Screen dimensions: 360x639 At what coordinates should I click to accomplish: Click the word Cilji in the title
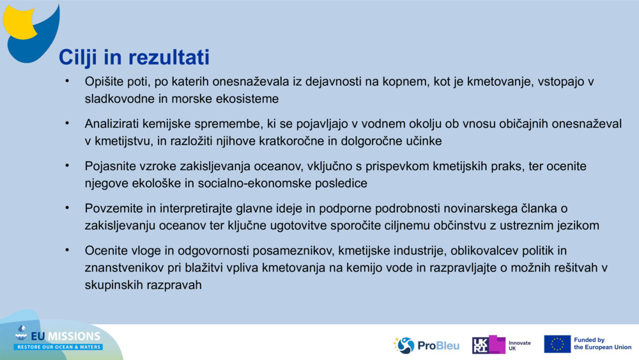(x=77, y=58)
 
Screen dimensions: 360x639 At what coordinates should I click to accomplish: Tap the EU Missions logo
(x=58, y=337)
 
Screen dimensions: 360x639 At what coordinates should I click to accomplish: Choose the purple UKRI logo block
(x=489, y=345)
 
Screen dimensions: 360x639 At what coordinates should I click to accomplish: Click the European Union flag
(x=557, y=344)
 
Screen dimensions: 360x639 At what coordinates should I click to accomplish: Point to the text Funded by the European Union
(x=602, y=344)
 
